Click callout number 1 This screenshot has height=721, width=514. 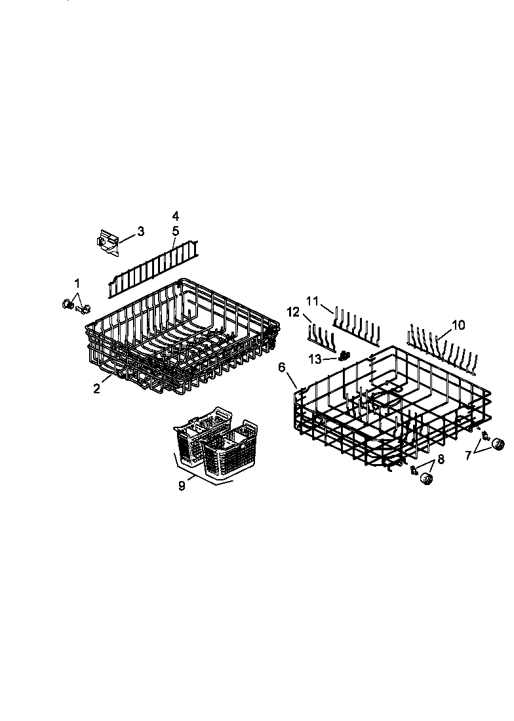77,283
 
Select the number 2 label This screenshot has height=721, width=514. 96,389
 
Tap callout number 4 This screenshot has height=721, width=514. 175,216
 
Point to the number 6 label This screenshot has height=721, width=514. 282,368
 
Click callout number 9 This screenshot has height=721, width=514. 182,486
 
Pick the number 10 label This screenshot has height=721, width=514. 458,324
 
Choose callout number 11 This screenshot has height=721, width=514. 312,301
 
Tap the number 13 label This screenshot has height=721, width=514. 315,359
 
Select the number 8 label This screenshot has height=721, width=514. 440,459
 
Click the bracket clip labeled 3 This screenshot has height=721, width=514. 108,242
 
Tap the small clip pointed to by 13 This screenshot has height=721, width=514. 343,356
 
